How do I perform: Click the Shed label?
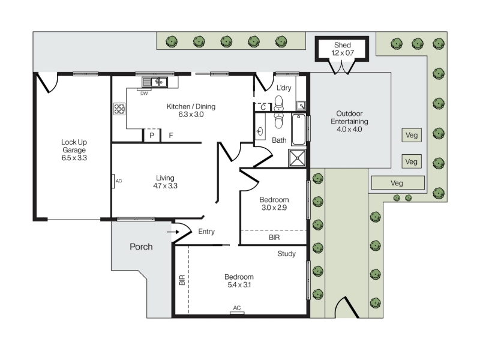coord(343,45)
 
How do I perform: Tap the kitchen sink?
coord(155,82)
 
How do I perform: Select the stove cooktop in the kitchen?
coord(119,109)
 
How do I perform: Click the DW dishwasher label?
coord(144,94)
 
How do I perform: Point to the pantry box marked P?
coord(152,136)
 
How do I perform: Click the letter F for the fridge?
coord(171,135)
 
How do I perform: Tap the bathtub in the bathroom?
coord(298,129)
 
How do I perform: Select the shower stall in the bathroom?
coord(297,158)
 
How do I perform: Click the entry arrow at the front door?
coord(173,232)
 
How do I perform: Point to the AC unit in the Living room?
coord(113,181)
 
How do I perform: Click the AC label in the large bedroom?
coord(237,308)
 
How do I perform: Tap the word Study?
coord(287,254)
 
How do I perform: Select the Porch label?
coord(141,247)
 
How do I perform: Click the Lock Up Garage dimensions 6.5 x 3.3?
coord(74,158)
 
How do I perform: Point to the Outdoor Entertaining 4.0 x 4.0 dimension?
coord(349,129)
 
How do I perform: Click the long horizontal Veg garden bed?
coord(398,183)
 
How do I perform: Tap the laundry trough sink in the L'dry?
coord(301,106)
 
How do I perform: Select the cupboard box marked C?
coord(263,107)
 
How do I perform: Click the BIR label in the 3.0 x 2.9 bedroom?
coord(274,237)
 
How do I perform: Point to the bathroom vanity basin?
coord(260,131)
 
